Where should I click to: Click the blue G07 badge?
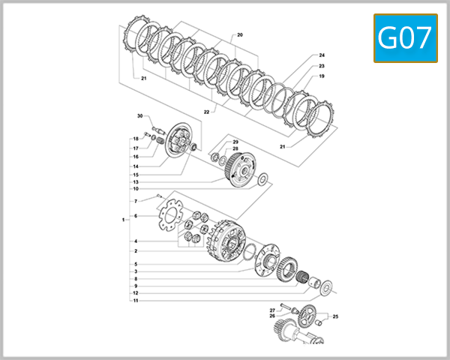(x=406, y=38)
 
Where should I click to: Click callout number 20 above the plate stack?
(x=240, y=35)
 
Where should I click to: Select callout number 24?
(x=321, y=55)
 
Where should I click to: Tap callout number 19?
(x=321, y=76)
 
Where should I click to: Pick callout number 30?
(x=139, y=116)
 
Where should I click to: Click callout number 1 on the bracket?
(x=123, y=220)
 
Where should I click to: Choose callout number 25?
(x=336, y=316)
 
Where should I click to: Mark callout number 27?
(x=272, y=310)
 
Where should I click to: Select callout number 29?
(x=235, y=142)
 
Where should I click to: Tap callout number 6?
(x=136, y=216)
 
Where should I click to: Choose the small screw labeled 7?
(x=159, y=196)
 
